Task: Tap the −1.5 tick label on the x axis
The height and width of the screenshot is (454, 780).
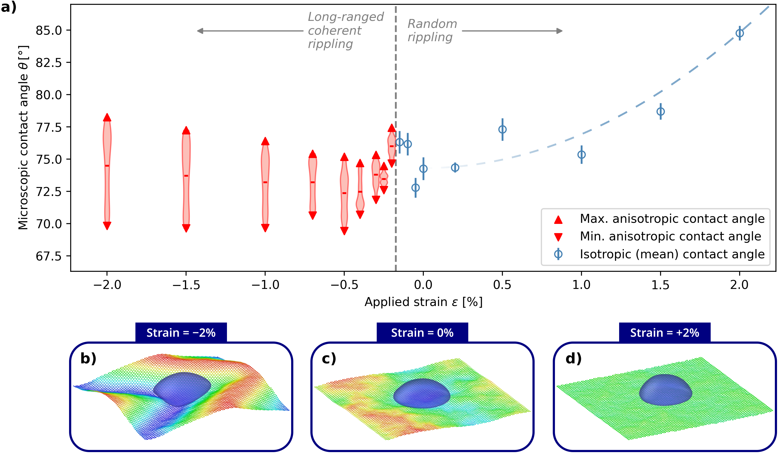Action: click(186, 285)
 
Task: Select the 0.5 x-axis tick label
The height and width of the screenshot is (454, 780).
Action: click(502, 285)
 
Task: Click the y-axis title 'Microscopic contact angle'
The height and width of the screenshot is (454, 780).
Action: click(23, 138)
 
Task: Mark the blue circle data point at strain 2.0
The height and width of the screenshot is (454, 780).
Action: click(740, 33)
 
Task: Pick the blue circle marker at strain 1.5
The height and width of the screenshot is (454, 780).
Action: click(661, 111)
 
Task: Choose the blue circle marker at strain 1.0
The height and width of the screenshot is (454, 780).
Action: click(581, 154)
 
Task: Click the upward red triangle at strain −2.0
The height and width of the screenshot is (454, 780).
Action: click(107, 118)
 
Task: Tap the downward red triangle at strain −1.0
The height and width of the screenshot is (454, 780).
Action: click(265, 228)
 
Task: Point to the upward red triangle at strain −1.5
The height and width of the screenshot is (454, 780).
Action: click(186, 130)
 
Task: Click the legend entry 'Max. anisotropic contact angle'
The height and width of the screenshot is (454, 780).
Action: click(672, 219)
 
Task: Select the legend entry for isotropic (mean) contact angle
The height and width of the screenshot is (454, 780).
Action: click(672, 254)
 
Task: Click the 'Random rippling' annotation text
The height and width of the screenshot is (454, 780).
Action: click(432, 30)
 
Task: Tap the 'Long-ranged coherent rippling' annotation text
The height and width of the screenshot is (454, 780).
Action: click(345, 30)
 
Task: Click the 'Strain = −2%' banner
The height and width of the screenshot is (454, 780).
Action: click(181, 333)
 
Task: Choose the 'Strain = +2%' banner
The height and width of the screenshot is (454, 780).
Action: click(665, 333)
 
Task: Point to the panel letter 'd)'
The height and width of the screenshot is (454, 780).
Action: click(573, 358)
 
